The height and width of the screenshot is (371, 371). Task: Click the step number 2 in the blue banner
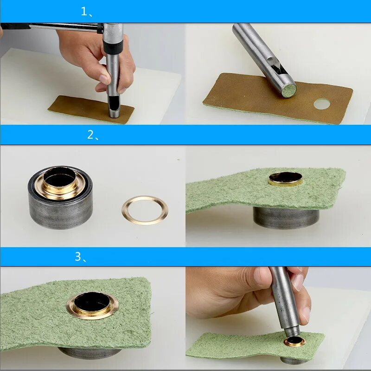(90, 134)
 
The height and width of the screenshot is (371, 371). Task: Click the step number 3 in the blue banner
(78, 256)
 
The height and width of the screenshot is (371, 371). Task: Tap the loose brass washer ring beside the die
(145, 210)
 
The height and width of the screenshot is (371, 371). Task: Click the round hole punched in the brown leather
(321, 104)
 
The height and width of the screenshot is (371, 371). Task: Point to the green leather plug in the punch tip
(289, 90)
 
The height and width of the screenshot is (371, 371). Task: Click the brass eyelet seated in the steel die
(60, 183)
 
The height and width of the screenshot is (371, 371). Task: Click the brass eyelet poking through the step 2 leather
(286, 179)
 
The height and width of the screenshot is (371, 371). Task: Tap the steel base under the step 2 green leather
(286, 217)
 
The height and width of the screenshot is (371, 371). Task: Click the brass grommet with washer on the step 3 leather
(92, 306)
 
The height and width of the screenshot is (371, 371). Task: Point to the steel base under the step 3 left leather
(90, 353)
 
